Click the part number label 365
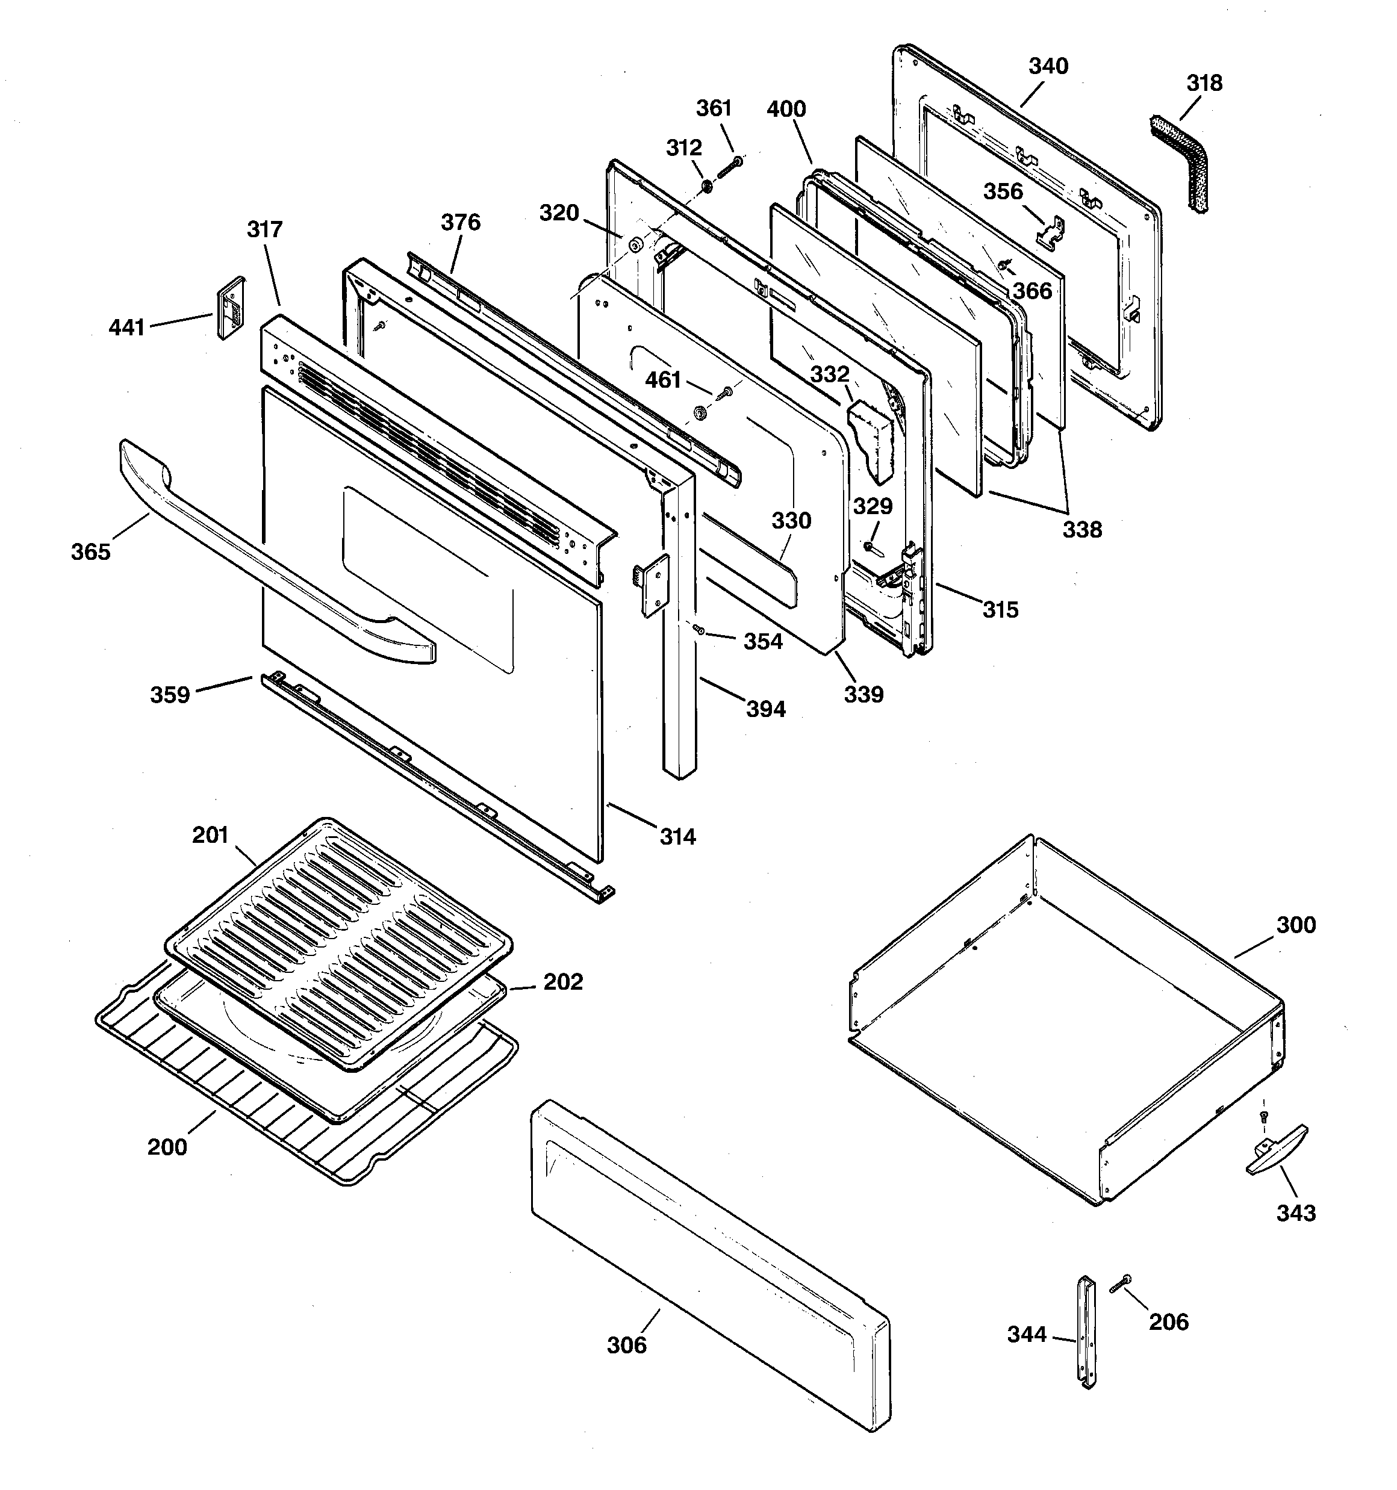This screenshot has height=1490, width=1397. pyautogui.click(x=91, y=553)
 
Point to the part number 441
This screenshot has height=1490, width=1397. pyautogui.click(x=126, y=327)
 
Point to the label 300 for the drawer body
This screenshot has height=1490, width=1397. pyautogui.click(x=1296, y=925)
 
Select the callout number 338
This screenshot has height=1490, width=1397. pyautogui.click(x=1081, y=529)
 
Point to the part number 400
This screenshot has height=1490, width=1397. pyautogui.click(x=786, y=110)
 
